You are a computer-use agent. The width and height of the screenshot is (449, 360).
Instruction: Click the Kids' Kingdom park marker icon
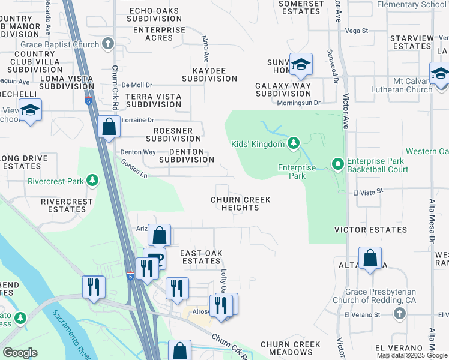tap(293, 143)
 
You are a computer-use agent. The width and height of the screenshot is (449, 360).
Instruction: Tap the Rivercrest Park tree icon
tap(92, 179)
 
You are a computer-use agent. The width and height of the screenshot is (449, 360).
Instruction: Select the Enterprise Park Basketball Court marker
tap(337, 163)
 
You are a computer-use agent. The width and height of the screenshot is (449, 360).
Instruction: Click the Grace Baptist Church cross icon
tap(108, 44)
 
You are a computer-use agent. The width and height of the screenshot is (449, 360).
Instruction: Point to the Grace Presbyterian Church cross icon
tap(400, 313)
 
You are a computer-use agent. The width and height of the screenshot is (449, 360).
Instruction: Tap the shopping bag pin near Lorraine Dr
tap(109, 127)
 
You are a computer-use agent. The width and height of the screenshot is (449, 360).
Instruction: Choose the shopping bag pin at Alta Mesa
tap(370, 258)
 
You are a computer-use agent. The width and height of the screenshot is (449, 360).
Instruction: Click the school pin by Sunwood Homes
tap(300, 64)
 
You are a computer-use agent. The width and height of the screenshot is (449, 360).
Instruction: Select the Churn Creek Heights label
tap(241, 203)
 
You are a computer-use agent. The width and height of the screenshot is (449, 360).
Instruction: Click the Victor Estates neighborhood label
tap(371, 230)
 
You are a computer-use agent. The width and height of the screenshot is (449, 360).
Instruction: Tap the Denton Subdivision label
tap(186, 155)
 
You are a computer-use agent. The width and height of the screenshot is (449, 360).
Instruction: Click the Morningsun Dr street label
tap(298, 103)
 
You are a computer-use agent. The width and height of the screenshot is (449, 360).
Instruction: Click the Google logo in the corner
tap(20, 353)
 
